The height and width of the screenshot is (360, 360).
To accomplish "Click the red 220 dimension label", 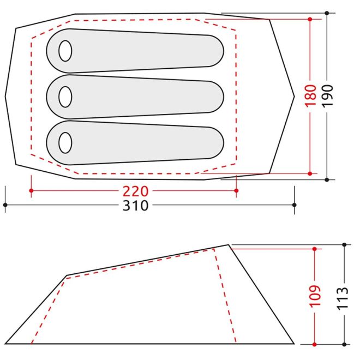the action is coord(135,191).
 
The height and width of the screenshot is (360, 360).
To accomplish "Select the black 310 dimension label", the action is coord(135,206).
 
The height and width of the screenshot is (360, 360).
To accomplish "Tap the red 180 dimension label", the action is coord(310,95).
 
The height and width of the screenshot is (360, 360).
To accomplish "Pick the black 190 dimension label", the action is coord(327,95).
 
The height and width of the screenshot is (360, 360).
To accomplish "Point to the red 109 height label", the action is coord(315,296).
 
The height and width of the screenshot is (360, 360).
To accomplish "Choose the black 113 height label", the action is coord(343,298).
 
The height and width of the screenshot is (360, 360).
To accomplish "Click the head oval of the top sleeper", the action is coord(65,51).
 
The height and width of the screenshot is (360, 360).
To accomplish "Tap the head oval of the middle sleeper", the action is coord(65,97).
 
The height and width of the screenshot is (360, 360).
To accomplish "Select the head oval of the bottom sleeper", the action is coord(65,143).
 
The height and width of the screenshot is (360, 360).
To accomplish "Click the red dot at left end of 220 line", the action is coord(31,190).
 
